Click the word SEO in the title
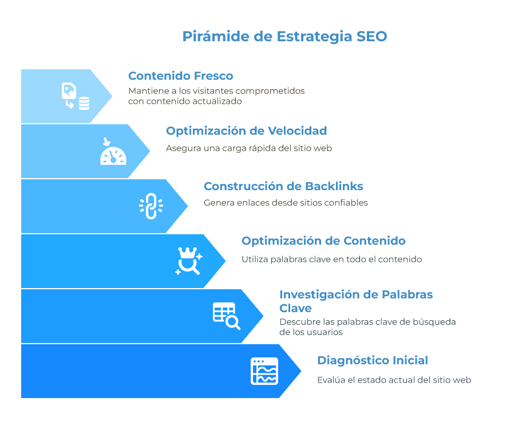(371, 36)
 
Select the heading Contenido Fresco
(181, 76)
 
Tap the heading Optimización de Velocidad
(246, 131)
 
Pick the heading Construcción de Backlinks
(283, 186)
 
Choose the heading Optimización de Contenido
(323, 241)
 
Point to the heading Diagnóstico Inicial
(373, 360)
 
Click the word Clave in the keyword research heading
(295, 309)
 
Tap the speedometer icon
(113, 152)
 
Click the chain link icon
(151, 206)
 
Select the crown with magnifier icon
(189, 261)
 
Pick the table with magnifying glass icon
(227, 316)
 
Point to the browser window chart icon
(264, 371)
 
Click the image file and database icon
(76, 96)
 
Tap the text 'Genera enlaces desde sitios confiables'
(286, 203)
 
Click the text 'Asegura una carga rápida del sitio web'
(249, 148)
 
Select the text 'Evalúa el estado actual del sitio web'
(394, 380)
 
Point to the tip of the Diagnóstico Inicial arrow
(301, 371)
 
